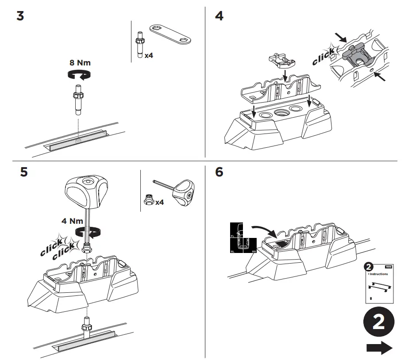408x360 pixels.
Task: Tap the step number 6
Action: pyautogui.click(x=219, y=172)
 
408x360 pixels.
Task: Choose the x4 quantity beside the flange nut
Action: pyautogui.click(x=159, y=202)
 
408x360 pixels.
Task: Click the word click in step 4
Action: pyautogui.click(x=323, y=57)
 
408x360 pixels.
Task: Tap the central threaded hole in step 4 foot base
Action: pyautogui.click(x=281, y=113)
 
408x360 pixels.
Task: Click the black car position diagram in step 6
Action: pyautogui.click(x=242, y=238)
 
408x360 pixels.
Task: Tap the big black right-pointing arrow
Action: pyautogui.click(x=379, y=348)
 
